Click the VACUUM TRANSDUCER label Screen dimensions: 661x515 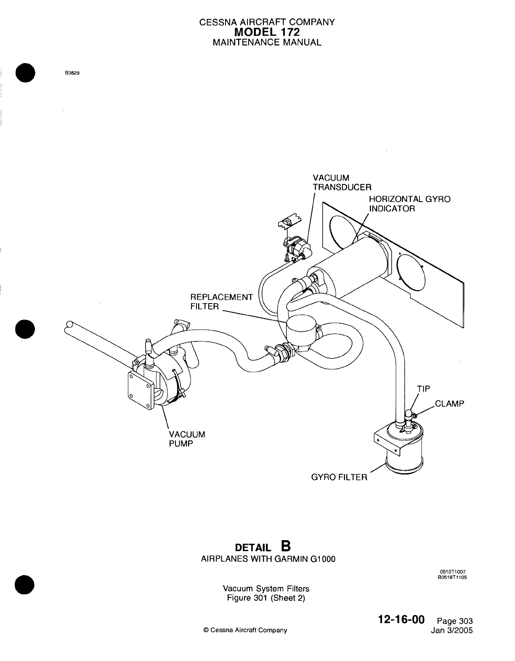342,183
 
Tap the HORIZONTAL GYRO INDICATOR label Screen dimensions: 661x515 409,204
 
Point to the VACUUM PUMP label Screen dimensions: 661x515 187,439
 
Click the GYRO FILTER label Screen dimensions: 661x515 339,477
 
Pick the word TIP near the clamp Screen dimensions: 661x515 424,389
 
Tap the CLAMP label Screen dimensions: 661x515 449,404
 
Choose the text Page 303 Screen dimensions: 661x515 455,621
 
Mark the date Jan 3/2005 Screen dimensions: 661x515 452,630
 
